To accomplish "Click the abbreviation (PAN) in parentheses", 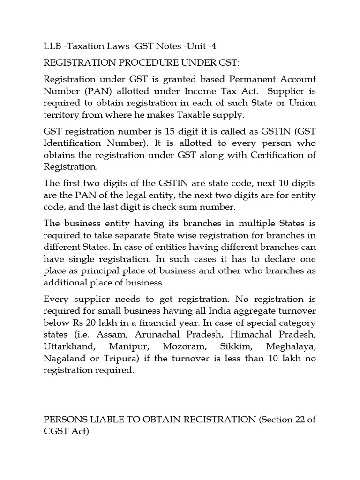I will (x=96, y=91).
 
